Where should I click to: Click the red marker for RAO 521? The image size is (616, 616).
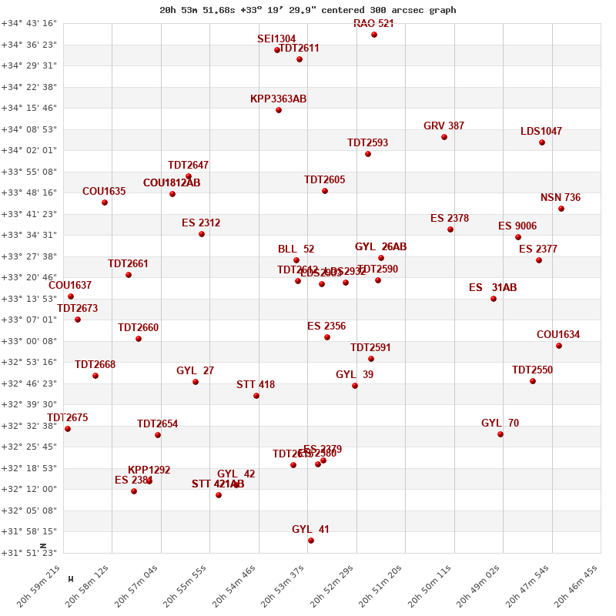pyautogui.click(x=374, y=35)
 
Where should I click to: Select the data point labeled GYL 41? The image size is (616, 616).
pyautogui.click(x=311, y=541)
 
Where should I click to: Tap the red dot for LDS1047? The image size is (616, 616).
pyautogui.click(x=542, y=142)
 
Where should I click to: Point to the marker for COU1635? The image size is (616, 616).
pyautogui.click(x=105, y=203)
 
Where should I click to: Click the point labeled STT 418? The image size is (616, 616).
pyautogui.click(x=256, y=396)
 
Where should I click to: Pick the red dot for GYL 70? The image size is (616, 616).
pyautogui.click(x=500, y=434)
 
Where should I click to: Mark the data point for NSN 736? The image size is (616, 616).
pyautogui.click(x=561, y=209)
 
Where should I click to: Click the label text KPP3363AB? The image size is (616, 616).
pyautogui.click(x=278, y=99)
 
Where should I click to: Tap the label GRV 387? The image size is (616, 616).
pyautogui.click(x=444, y=126)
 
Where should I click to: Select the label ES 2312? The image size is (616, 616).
pyautogui.click(x=201, y=223)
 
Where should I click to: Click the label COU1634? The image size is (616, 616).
pyautogui.click(x=558, y=335)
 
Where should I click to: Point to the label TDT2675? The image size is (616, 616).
pyautogui.click(x=68, y=418)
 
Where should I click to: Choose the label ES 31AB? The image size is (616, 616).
pyautogui.click(x=493, y=288)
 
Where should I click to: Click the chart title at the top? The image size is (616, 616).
pyautogui.click(x=308, y=10)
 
